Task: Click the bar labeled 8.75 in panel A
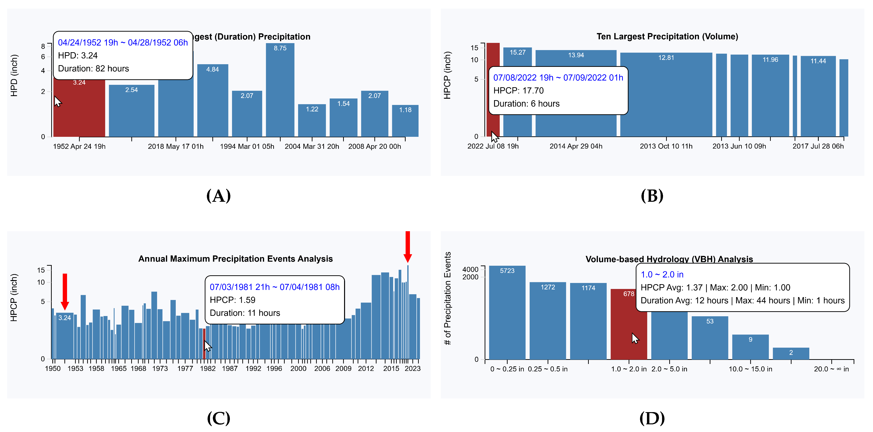tap(280, 92)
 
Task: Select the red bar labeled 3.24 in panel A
tap(79, 112)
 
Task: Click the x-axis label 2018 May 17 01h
tap(176, 146)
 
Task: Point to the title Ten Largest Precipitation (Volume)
tap(667, 37)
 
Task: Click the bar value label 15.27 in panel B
tap(517, 52)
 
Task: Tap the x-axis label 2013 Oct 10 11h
tap(666, 146)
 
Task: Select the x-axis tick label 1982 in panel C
tap(207, 369)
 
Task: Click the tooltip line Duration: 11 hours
tap(245, 313)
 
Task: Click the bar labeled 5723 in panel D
tap(507, 315)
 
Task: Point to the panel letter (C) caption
tap(219, 418)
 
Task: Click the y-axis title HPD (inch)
tap(14, 75)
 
